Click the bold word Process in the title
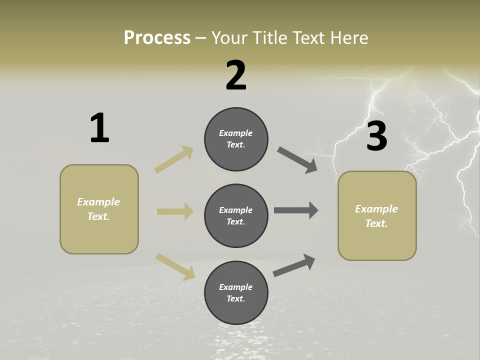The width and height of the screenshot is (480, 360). (x=157, y=37)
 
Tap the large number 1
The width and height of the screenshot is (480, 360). (x=99, y=128)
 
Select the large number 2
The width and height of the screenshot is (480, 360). (x=236, y=75)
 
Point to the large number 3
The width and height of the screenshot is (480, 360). (x=376, y=136)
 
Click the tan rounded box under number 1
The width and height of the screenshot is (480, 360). (x=99, y=209)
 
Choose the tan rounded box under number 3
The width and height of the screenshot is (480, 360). (x=377, y=216)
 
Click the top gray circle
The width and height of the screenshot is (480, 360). (x=236, y=139)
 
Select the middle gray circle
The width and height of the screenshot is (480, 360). (x=236, y=215)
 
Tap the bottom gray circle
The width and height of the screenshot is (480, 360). (x=236, y=292)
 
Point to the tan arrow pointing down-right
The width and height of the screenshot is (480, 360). (x=175, y=265)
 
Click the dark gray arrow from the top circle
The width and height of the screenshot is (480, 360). (x=297, y=160)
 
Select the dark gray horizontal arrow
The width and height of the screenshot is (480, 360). (x=296, y=210)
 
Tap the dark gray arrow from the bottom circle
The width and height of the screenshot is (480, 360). (x=294, y=265)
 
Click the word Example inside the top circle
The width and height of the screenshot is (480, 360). (x=236, y=133)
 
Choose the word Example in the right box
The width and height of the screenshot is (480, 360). (x=376, y=209)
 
